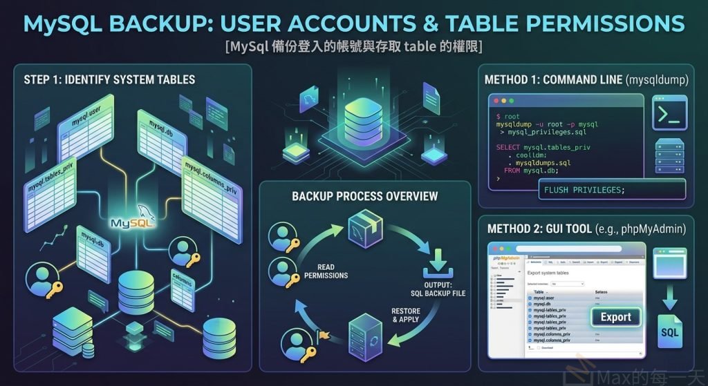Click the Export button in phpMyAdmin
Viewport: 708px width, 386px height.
pyautogui.click(x=615, y=317)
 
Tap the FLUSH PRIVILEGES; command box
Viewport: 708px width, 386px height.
pyautogui.click(x=584, y=190)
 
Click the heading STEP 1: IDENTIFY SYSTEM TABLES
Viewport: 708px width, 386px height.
pyautogui.click(x=109, y=79)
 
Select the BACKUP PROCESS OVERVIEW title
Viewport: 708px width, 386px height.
pyautogui.click(x=364, y=196)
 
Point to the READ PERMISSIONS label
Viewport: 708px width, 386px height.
pyautogui.click(x=326, y=271)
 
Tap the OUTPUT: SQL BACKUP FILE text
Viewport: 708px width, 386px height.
pyautogui.click(x=438, y=289)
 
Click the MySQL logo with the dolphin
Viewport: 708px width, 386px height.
pyautogui.click(x=133, y=222)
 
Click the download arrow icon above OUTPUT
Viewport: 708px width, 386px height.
pyautogui.click(x=438, y=263)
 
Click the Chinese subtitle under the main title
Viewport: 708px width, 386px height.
pyautogui.click(x=353, y=47)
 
